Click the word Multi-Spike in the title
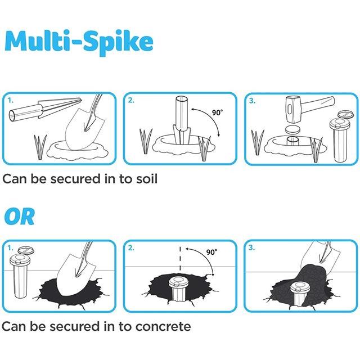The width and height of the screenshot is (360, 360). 79,42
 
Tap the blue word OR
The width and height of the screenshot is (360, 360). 20,217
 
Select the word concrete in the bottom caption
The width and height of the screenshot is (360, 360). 163,326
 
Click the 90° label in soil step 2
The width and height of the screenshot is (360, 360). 217,112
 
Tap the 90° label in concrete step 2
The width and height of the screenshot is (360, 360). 211,252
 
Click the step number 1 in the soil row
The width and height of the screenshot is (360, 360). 10,100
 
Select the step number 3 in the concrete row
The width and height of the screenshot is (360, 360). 252,247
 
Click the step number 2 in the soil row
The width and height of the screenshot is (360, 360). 131,100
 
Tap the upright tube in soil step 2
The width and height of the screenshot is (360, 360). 182,114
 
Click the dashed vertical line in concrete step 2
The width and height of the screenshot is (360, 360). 180,259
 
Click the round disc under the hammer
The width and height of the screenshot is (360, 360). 292,130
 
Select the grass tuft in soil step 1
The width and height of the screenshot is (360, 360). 40,147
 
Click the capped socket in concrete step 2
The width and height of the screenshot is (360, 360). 178,288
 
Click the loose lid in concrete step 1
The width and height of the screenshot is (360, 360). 26,250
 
